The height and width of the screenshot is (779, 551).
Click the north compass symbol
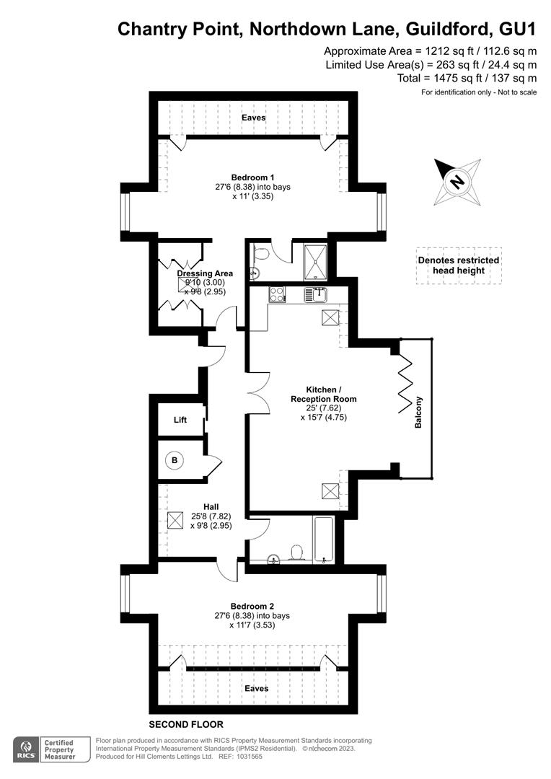(457, 180)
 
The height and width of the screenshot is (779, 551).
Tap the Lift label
(180, 420)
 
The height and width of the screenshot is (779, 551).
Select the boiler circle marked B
(174, 459)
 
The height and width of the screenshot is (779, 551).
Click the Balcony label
(418, 413)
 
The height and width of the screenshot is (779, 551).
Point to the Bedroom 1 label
(252, 177)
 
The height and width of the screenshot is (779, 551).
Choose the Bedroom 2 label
(252, 607)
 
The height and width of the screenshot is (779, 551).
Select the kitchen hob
(277, 294)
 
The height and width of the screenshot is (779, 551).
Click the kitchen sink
(316, 294)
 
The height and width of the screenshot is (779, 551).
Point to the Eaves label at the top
(254, 118)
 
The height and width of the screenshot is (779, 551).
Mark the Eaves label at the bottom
(257, 689)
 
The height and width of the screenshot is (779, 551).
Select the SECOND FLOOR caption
(186, 724)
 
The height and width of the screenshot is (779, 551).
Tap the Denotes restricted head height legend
(458, 265)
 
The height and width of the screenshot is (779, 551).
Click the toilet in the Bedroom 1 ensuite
(262, 254)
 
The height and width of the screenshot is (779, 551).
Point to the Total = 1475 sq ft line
(467, 78)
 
